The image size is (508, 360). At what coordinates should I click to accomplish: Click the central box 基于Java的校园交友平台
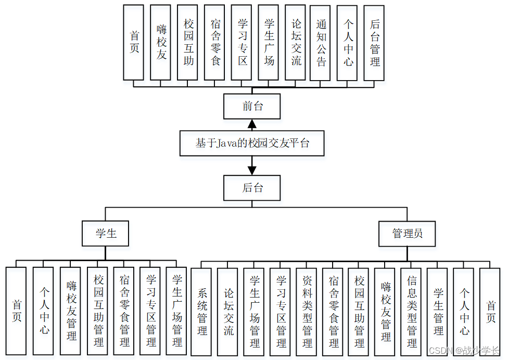(252, 143)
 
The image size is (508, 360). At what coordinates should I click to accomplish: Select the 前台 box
(252, 106)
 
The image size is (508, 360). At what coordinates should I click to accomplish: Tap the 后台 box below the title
(252, 188)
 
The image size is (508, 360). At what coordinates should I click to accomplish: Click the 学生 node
(105, 234)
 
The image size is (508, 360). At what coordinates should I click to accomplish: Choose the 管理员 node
(407, 234)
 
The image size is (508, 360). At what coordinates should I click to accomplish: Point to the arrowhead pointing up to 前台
(252, 124)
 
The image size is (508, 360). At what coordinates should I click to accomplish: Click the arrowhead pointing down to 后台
(252, 170)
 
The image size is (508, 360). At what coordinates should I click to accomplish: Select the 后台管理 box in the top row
(374, 43)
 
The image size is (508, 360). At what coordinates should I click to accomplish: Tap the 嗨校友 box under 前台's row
(160, 43)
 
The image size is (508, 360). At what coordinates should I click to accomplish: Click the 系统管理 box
(201, 311)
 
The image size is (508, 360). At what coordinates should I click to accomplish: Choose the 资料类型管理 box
(307, 311)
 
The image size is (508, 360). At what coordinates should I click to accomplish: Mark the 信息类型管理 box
(412, 311)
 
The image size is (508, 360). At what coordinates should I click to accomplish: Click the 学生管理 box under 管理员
(438, 311)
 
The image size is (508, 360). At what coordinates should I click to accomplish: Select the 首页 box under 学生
(16, 311)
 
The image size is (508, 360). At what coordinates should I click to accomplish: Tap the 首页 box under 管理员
(490, 311)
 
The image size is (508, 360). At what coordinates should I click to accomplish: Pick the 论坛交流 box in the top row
(295, 43)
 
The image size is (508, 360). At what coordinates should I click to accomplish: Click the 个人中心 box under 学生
(43, 311)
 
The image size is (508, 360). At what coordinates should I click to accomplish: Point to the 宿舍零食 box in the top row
(214, 43)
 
